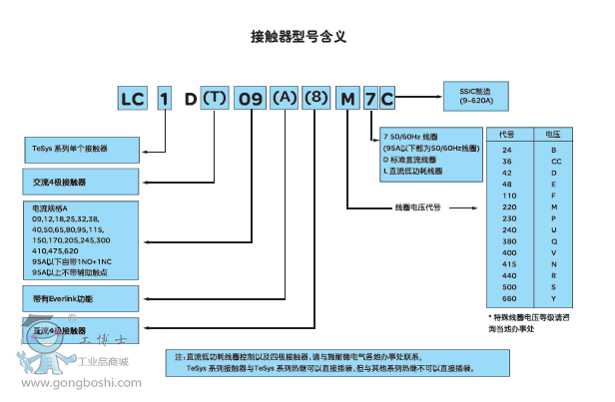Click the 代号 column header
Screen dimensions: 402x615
click(506, 133)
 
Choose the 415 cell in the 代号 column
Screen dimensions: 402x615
click(506, 264)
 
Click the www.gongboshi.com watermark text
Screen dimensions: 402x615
click(69, 383)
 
